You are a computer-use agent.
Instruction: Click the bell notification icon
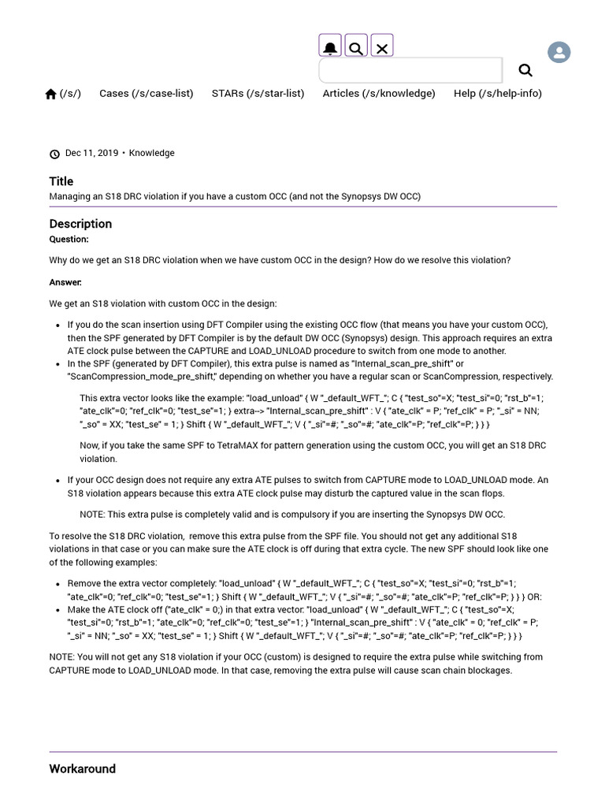330,48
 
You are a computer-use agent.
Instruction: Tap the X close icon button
382,48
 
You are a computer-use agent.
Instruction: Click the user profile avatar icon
559,53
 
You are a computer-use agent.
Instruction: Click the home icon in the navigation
51,94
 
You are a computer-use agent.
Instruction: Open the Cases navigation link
146,93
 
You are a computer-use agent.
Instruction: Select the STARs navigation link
258,93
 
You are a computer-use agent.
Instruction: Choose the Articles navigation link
378,93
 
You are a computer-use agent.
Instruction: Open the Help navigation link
497,93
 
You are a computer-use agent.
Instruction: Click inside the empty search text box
410,70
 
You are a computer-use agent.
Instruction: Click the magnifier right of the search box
525,70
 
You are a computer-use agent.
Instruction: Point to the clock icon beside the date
54,154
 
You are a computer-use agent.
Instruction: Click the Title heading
61,181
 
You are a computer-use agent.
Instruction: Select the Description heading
80,224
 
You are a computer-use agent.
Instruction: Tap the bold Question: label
69,240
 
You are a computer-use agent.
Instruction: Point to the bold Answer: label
65,282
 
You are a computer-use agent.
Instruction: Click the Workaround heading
82,768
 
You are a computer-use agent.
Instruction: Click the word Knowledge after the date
152,153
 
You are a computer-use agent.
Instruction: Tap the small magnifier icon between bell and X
356,48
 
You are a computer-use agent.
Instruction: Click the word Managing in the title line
70,196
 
